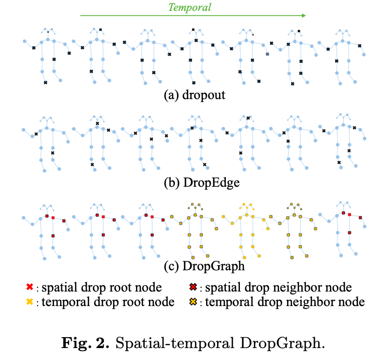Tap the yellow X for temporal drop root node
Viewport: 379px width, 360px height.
coord(30,301)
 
